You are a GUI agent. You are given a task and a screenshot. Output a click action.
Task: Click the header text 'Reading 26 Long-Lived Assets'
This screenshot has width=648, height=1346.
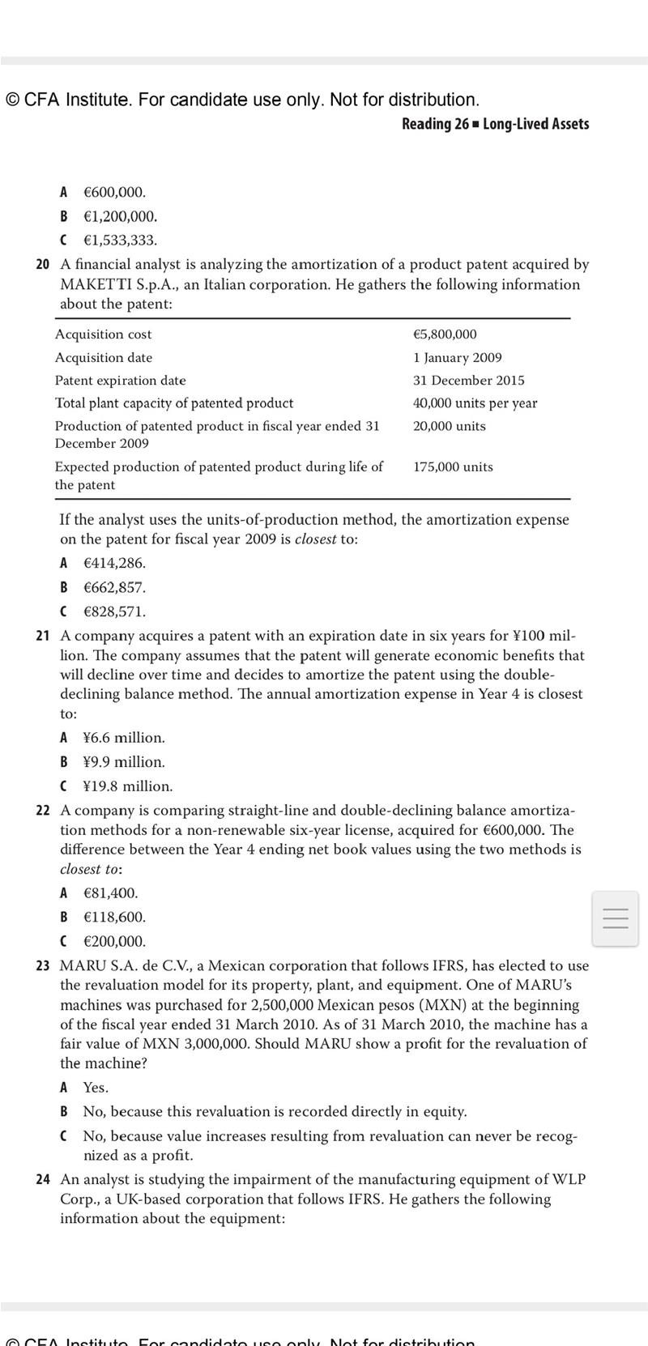(495, 124)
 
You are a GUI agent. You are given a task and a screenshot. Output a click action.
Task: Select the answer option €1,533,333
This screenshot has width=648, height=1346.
(120, 241)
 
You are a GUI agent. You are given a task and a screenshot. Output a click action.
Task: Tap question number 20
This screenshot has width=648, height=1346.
(43, 265)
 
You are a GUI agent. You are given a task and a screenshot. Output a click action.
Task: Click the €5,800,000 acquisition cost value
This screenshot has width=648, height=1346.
(445, 334)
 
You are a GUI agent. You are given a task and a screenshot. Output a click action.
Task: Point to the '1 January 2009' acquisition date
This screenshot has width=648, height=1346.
(457, 357)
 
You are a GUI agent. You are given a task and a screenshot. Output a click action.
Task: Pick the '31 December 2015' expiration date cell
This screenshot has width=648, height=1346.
(468, 380)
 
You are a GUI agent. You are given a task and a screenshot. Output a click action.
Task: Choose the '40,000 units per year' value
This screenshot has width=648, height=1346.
(475, 403)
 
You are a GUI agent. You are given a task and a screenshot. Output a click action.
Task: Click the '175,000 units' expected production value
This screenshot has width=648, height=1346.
(453, 466)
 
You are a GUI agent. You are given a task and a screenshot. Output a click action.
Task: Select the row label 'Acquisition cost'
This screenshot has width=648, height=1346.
(103, 334)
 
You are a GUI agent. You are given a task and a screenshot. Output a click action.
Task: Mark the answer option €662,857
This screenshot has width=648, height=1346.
(114, 587)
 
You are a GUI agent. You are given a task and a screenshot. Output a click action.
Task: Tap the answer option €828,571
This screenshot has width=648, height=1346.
(114, 611)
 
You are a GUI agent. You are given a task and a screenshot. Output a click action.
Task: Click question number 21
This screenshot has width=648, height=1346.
(43, 636)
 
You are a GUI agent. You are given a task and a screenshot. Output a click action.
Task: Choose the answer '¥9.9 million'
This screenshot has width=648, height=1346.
(123, 762)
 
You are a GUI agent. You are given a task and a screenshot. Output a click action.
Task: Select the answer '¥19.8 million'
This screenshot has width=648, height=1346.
(127, 786)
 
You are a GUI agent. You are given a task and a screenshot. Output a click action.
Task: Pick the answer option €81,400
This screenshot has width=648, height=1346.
(110, 893)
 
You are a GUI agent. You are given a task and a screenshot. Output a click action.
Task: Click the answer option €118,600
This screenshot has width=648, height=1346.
(114, 918)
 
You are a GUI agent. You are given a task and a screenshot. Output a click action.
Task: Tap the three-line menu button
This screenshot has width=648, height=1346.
(616, 918)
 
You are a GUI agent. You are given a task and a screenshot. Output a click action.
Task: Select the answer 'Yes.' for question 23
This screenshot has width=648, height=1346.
(96, 1088)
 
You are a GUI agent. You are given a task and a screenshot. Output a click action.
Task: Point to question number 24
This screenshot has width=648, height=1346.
(43, 1180)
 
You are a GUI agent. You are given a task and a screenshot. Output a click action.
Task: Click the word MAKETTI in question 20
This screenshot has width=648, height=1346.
(96, 285)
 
